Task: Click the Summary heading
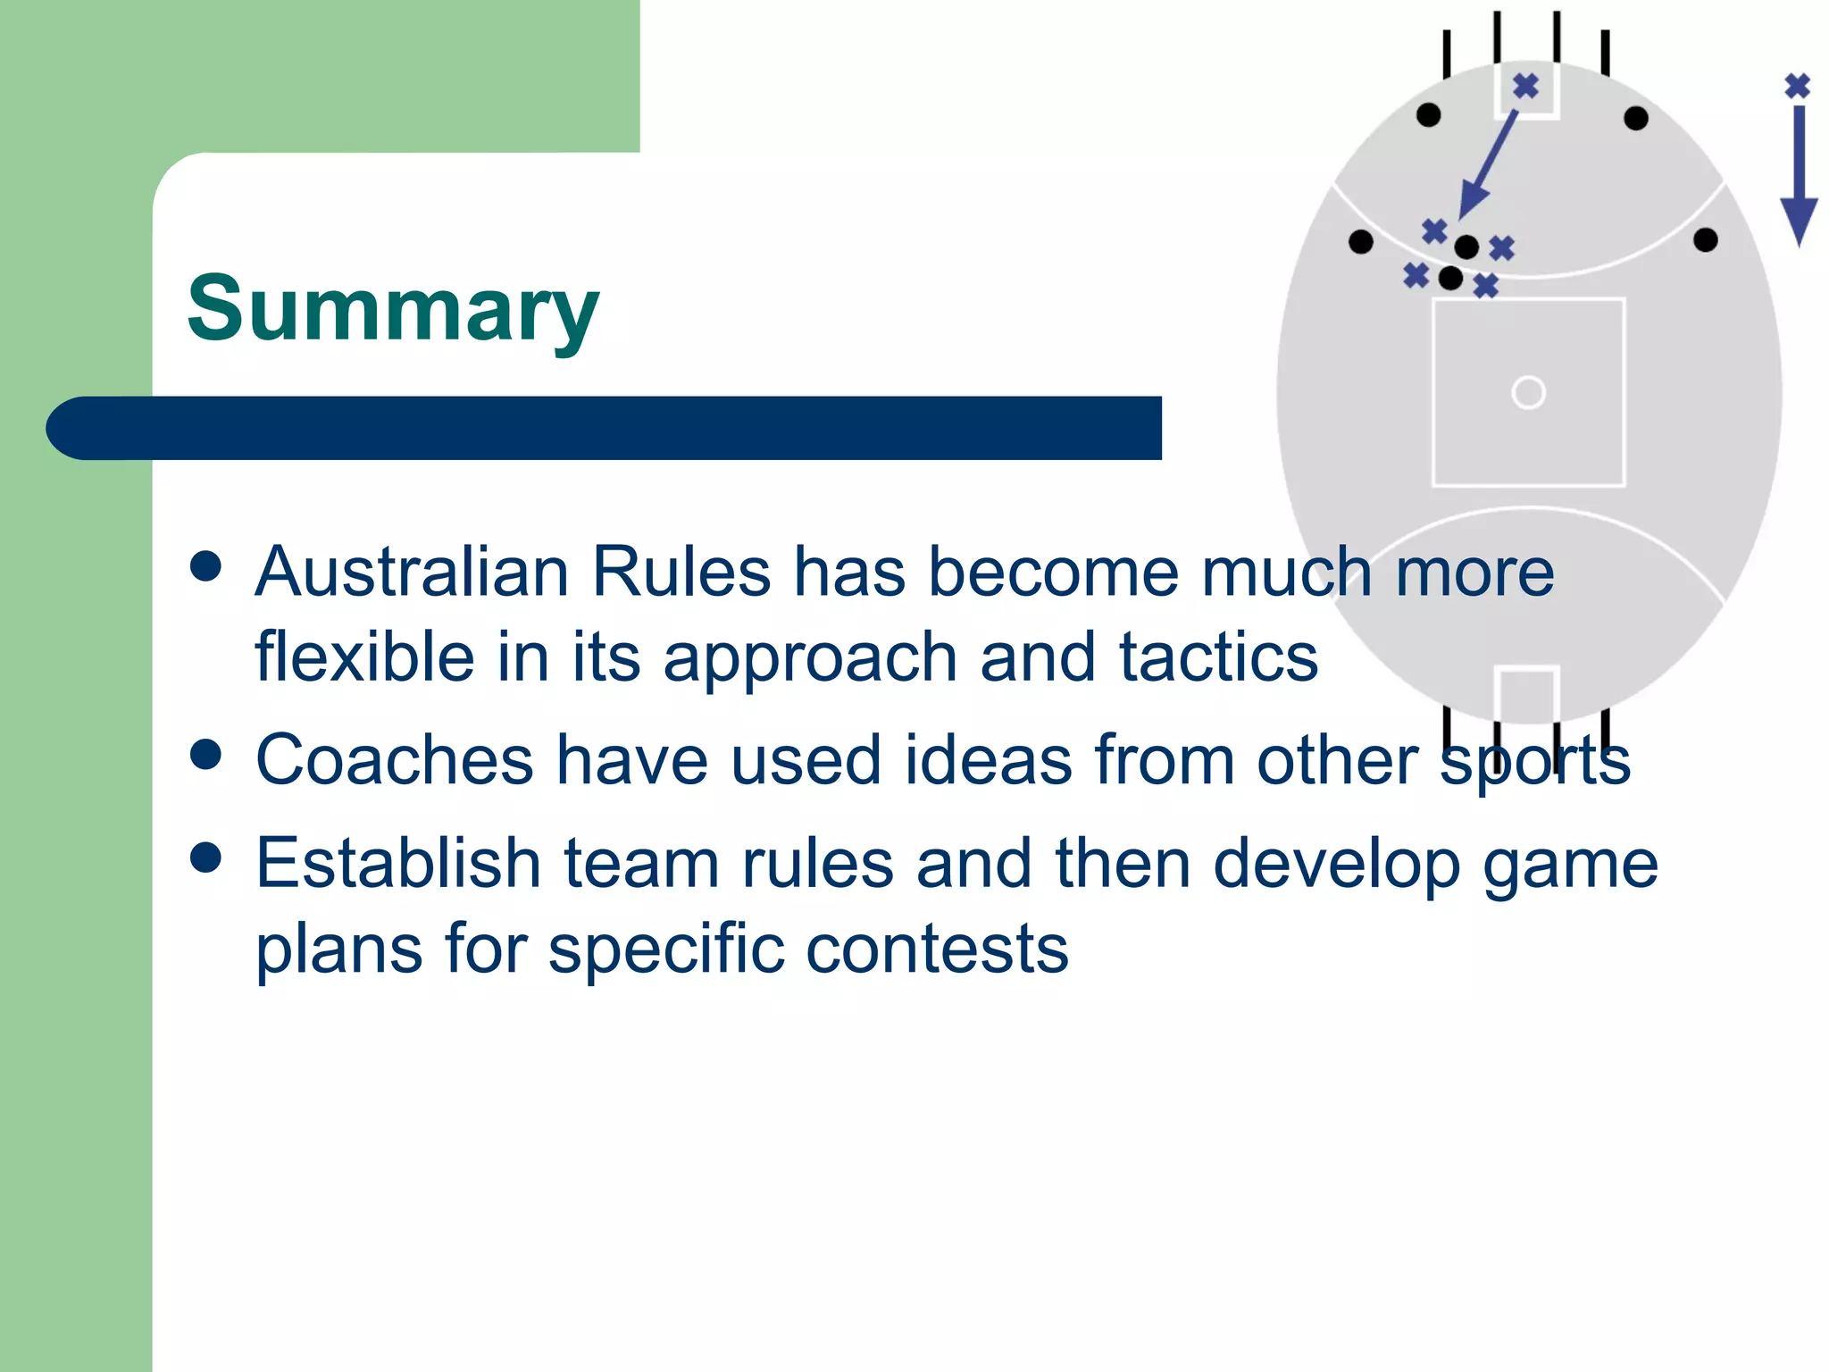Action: [393, 308]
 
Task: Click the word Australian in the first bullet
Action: [412, 572]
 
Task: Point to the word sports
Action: [1535, 760]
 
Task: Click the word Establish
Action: [398, 863]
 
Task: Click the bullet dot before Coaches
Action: [206, 754]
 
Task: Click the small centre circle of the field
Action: [1528, 392]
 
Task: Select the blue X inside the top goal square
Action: [1526, 87]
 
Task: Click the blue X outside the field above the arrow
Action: [1798, 86]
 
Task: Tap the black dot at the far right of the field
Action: [1705, 239]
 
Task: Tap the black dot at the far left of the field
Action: [1360, 241]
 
